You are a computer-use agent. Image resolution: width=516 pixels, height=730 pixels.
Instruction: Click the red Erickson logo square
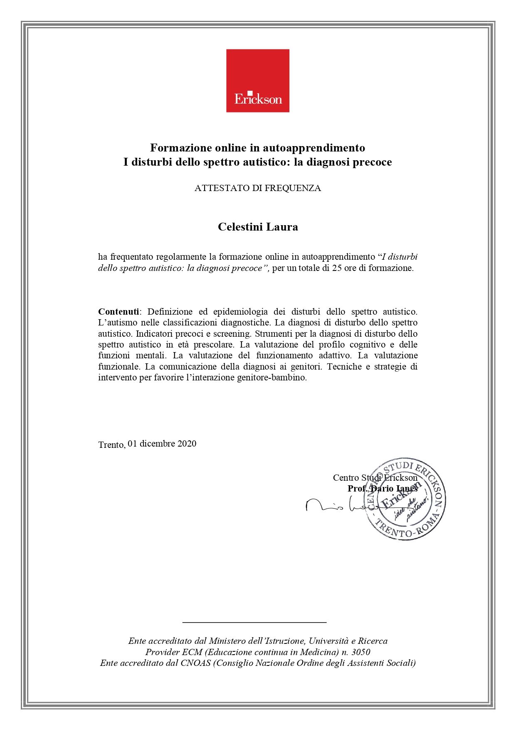(257, 80)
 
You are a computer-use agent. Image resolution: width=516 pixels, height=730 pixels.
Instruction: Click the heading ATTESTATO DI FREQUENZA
(257, 188)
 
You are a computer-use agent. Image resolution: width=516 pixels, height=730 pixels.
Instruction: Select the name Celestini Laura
(258, 227)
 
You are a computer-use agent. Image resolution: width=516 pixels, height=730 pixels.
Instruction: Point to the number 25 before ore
(337, 268)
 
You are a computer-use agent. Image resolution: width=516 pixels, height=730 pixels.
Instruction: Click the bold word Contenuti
(119, 312)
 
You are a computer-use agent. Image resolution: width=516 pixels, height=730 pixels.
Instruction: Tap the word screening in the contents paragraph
(232, 334)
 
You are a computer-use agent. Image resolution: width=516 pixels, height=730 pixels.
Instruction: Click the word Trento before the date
(111, 445)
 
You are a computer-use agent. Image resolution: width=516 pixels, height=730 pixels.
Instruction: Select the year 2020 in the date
(187, 444)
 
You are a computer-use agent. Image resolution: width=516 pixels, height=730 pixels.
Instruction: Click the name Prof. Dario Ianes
(382, 489)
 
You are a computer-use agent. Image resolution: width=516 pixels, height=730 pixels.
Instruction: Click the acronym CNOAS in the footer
(195, 663)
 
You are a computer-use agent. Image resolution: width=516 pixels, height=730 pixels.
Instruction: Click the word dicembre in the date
(157, 444)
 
